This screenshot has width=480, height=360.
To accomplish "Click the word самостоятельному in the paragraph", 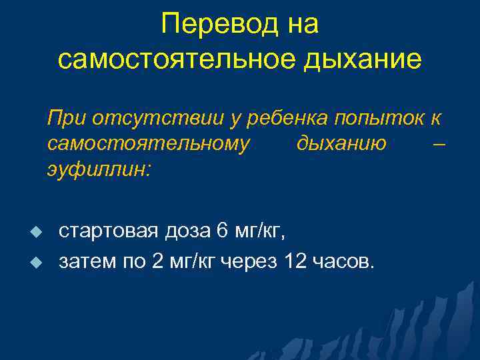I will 149,144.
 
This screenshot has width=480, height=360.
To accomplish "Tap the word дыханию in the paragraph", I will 339,144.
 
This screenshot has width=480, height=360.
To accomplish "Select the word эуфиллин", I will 99,169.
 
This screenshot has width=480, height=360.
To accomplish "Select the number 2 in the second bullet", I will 157,261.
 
